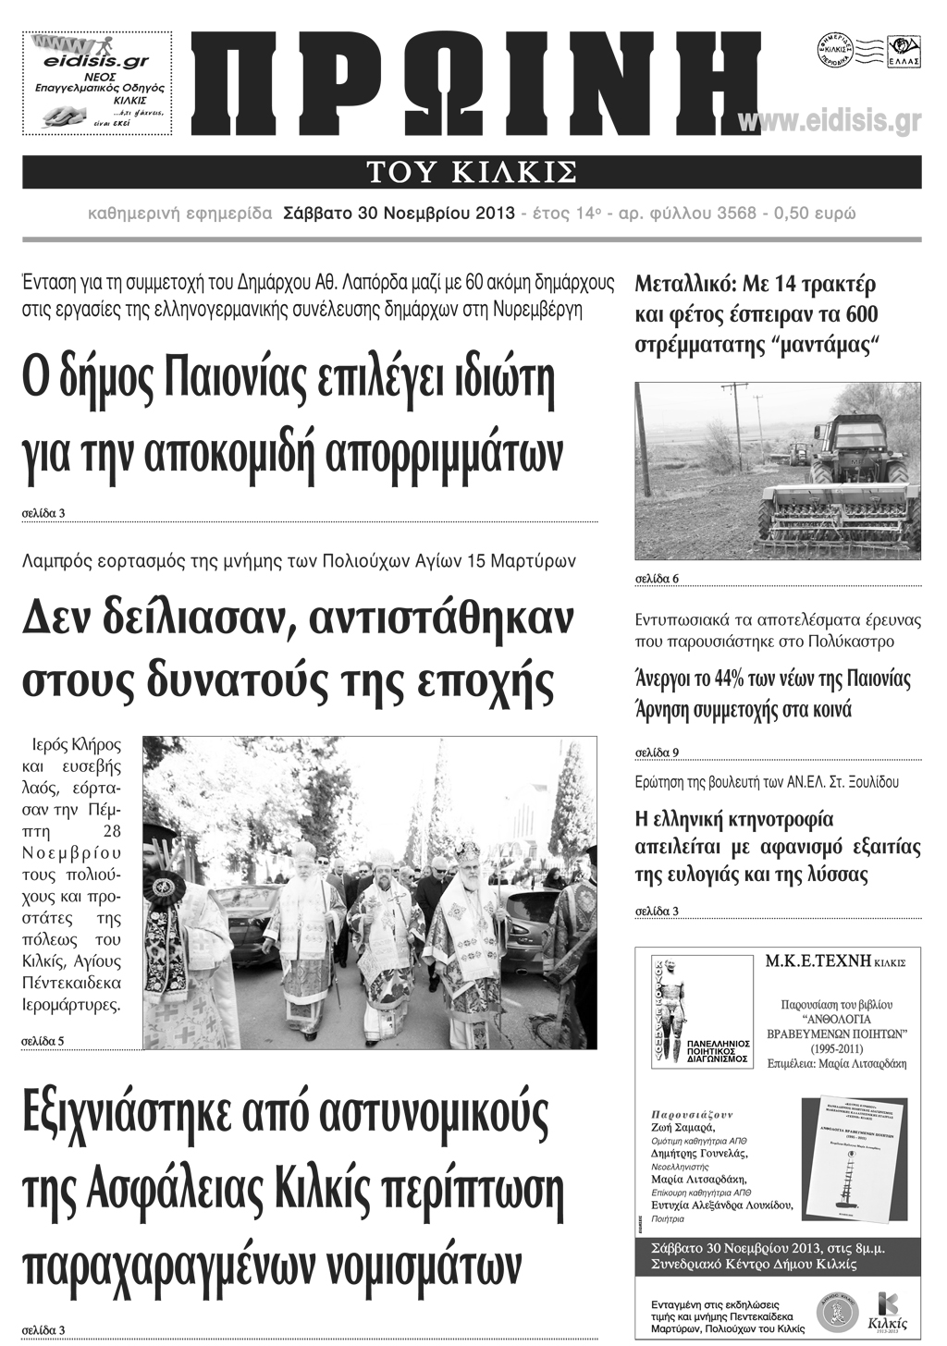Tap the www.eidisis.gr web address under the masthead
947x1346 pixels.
click(830, 121)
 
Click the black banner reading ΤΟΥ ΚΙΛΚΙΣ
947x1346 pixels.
click(472, 172)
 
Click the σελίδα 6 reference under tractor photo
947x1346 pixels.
click(657, 579)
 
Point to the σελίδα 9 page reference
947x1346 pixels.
click(657, 752)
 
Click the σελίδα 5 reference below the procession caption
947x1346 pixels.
click(43, 1042)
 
